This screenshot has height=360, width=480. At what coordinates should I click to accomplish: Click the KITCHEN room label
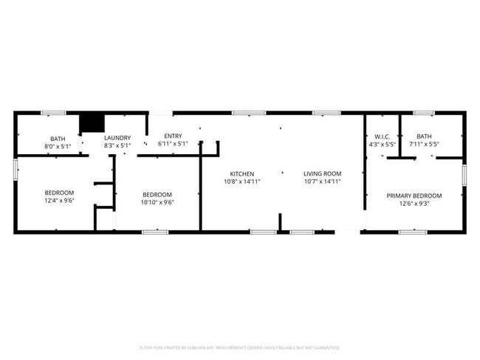pos(241,174)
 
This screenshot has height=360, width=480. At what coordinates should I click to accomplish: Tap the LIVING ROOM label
pos(322,174)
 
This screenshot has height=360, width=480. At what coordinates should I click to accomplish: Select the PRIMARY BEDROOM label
pos(414,195)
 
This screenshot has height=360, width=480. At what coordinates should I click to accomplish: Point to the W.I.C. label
pos(382,136)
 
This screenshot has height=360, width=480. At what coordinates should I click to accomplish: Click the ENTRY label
pos(173,136)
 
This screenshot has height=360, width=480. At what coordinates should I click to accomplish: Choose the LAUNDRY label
pos(117,138)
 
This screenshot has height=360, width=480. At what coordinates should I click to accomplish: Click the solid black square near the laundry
pos(91,122)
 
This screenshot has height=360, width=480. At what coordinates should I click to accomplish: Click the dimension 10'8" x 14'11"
pos(241,181)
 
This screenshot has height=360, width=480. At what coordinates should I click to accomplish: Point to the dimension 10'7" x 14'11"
pos(322,181)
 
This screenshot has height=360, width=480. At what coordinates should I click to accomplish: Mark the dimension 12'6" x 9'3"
pos(414,203)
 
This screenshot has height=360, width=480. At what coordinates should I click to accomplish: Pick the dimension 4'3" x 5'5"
pos(382,144)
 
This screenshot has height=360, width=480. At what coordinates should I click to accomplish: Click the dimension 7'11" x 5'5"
pos(424,144)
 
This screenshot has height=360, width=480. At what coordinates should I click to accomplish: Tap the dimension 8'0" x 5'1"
pos(58,146)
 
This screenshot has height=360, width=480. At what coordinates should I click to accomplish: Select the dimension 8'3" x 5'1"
pos(117,145)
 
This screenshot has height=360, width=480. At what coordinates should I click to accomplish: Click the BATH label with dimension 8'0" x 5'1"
pos(58,139)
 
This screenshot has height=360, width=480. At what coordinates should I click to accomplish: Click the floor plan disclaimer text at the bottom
pos(239,347)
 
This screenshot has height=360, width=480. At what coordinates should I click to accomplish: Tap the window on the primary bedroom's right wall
pos(464,174)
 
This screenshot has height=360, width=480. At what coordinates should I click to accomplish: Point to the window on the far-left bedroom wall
pos(16,168)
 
